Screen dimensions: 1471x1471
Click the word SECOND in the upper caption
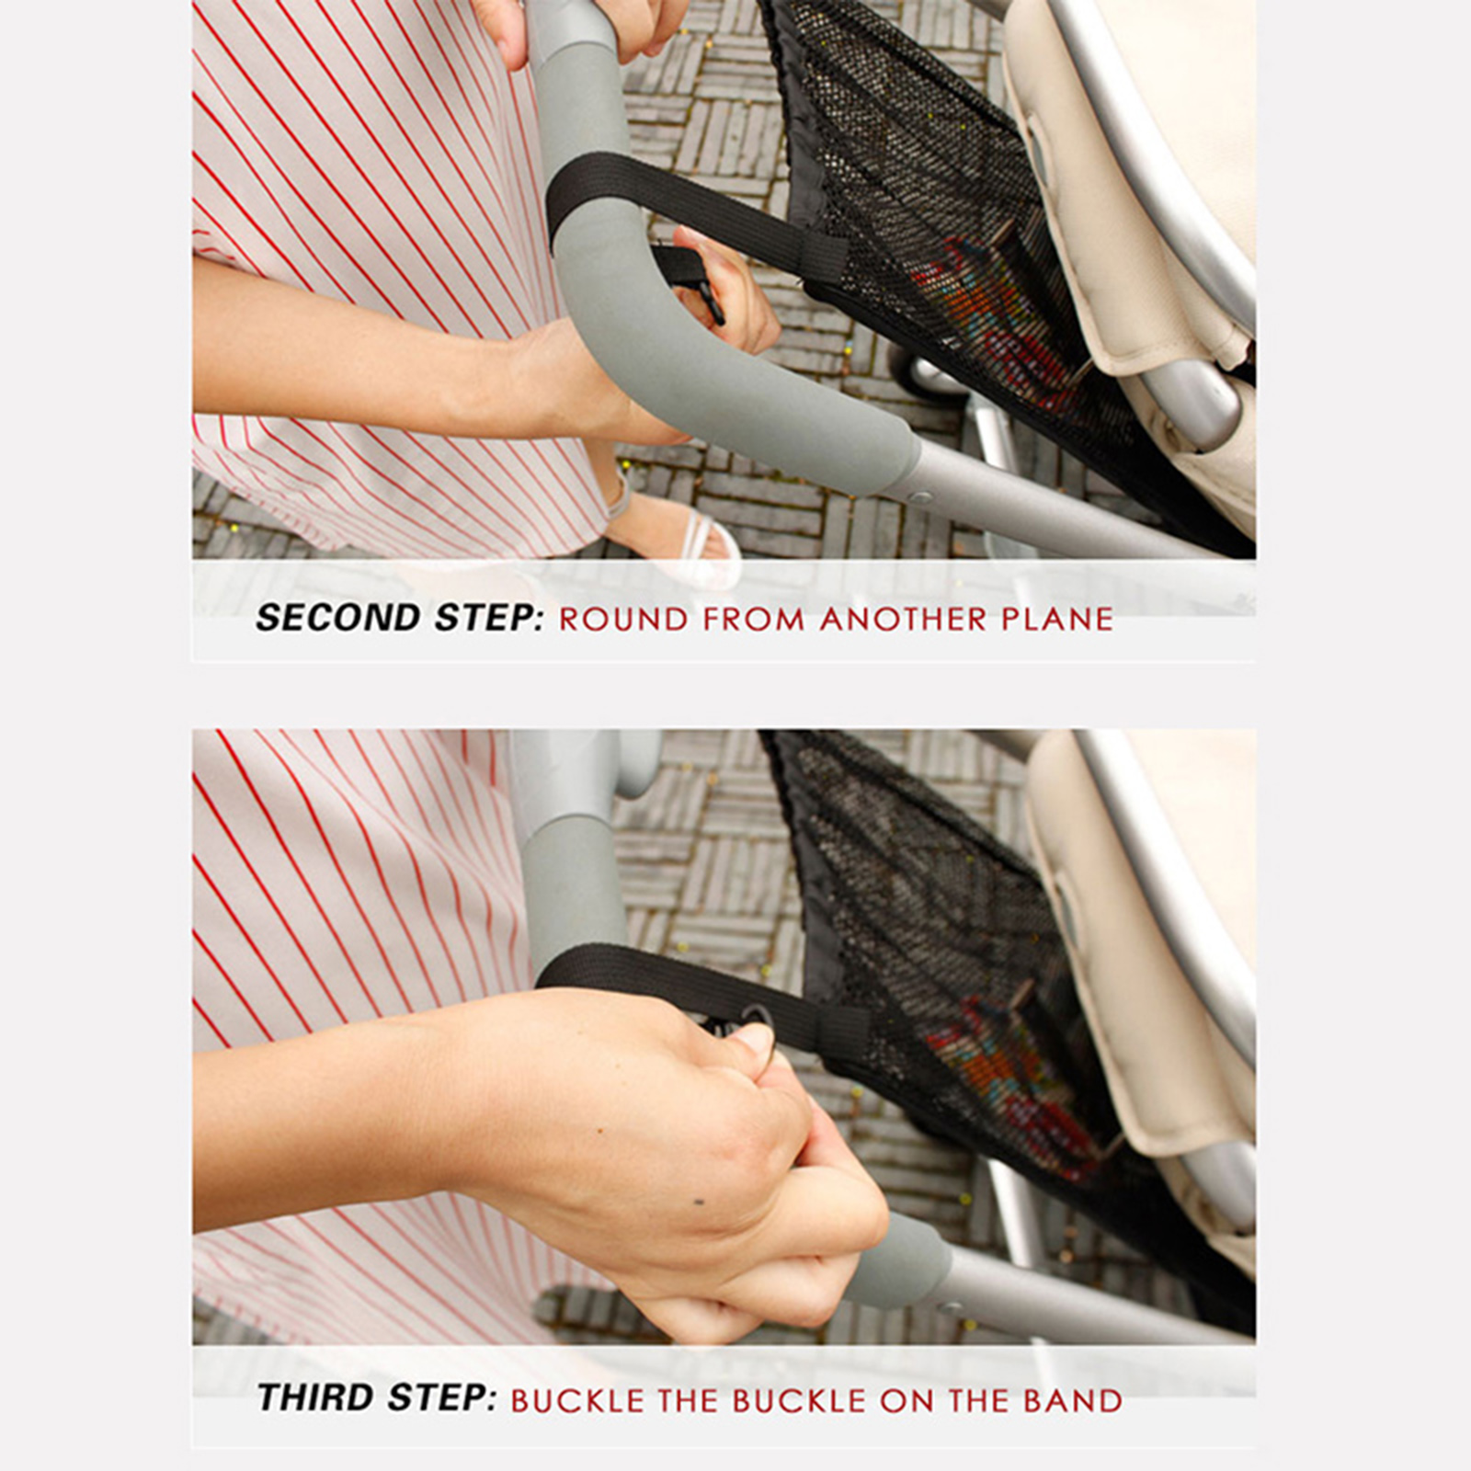(x=339, y=618)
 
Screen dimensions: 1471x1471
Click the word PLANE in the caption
(x=1057, y=619)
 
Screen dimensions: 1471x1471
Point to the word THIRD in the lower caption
(x=317, y=1397)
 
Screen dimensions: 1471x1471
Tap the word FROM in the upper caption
(x=754, y=619)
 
